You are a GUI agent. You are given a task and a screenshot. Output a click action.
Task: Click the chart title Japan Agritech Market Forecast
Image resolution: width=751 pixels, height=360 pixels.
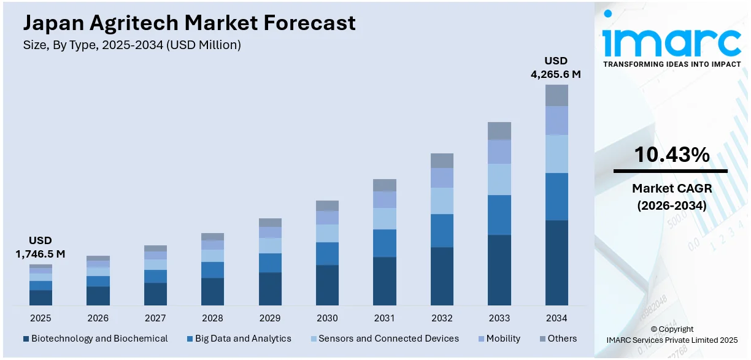(189, 23)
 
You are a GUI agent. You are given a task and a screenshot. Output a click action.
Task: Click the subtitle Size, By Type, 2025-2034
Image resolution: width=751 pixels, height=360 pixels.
(132, 45)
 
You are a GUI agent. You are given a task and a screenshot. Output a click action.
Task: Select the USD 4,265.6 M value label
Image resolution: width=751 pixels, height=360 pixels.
(555, 67)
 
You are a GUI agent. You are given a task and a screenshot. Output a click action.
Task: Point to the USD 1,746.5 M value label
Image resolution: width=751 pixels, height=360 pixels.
(40, 247)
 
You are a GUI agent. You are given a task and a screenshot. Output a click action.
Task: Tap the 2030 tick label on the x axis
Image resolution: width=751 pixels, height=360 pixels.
(327, 318)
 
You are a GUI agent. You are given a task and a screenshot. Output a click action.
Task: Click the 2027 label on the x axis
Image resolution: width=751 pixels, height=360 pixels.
(155, 318)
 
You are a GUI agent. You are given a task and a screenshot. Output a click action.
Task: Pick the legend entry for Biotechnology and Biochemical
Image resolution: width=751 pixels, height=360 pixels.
(95, 339)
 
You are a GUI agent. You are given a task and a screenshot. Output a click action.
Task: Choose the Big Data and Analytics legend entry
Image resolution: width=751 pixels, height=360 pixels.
(239, 339)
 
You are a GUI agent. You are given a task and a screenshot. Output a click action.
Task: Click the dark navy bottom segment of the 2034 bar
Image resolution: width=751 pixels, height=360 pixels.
(557, 262)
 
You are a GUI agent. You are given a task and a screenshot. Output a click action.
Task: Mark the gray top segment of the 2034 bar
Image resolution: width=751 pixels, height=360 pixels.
(557, 95)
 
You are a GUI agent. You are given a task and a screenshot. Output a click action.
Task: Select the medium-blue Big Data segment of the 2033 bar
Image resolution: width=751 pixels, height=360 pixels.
(499, 215)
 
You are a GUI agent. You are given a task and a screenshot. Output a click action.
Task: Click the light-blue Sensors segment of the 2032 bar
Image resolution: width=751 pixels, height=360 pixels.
(442, 201)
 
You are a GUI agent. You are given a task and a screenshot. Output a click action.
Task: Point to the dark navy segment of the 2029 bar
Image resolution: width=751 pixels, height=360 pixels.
(270, 288)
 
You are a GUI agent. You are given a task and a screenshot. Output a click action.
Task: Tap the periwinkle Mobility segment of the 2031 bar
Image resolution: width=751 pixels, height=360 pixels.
(385, 199)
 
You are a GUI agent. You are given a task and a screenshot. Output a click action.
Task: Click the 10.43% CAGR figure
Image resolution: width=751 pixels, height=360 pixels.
(671, 155)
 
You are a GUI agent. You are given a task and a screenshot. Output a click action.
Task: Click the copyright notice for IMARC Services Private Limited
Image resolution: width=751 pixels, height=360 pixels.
(671, 335)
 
